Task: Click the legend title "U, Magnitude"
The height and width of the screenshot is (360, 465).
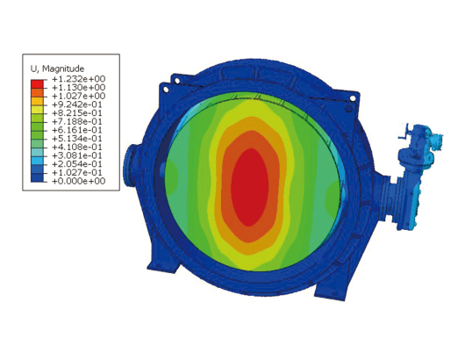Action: pyautogui.click(x=57, y=68)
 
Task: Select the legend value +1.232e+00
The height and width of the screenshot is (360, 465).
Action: pyautogui.click(x=79, y=79)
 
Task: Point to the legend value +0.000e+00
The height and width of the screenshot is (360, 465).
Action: pyautogui.click(x=79, y=181)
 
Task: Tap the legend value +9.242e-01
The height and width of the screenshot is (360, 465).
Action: pyautogui.click(x=77, y=104)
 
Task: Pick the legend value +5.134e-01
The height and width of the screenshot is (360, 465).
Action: pyautogui.click(x=77, y=139)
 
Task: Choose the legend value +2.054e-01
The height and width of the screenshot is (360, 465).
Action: pyautogui.click(x=77, y=164)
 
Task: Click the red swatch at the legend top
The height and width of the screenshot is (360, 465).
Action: pyautogui.click(x=37, y=84)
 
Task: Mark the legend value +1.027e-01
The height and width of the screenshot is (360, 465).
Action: pyautogui.click(x=77, y=173)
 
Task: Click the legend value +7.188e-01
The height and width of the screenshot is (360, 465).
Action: pyautogui.click(x=77, y=122)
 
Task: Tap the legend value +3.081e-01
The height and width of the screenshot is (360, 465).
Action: pyautogui.click(x=77, y=155)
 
